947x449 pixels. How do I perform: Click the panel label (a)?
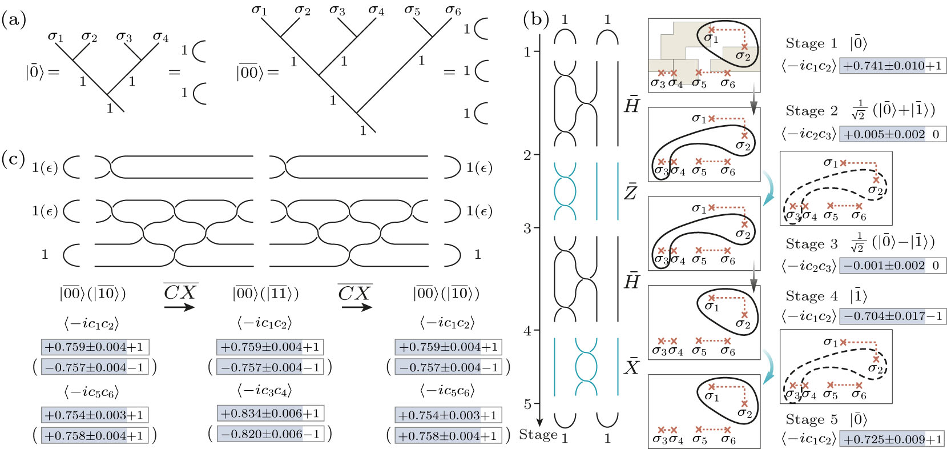(14, 21)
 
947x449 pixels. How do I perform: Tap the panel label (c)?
(14, 159)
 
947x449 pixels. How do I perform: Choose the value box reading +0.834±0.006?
(270, 413)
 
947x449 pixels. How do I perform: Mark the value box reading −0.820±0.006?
(270, 434)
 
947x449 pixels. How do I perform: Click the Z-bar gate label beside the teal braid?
(630, 191)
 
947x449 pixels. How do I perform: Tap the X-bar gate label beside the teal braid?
(631, 366)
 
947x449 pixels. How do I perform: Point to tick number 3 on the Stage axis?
(528, 228)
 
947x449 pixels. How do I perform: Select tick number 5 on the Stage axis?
(528, 404)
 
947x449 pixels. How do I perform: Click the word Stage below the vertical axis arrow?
(538, 435)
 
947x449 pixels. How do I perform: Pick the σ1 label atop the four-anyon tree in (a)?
(55, 37)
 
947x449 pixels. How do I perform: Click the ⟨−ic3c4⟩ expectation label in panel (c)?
(264, 391)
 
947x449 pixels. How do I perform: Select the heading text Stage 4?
(811, 296)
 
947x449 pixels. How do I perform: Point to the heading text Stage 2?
(811, 111)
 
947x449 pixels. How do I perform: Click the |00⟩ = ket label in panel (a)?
(257, 73)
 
